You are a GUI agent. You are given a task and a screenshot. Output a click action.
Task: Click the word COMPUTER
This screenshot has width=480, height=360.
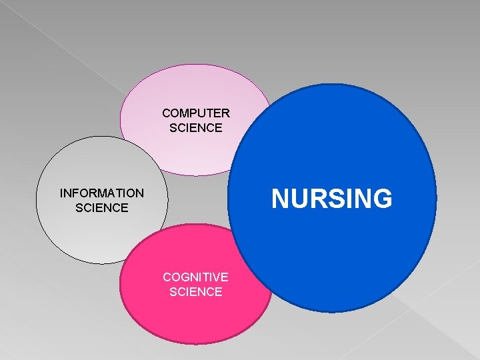click(196, 113)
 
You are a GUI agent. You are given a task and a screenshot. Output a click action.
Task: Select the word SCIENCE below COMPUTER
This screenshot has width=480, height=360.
click(196, 128)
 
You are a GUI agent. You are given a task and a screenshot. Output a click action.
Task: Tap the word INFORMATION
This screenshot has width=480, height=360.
click(101, 193)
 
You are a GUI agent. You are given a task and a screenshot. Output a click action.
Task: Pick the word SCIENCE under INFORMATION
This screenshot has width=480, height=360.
click(101, 208)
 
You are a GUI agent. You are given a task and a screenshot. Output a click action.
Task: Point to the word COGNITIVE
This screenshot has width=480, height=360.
click(196, 277)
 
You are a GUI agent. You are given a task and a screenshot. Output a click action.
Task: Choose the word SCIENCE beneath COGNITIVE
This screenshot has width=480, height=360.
click(196, 291)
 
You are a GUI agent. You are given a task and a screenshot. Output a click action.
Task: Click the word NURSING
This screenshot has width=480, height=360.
click(331, 199)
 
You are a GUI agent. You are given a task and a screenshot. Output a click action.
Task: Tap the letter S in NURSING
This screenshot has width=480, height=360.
click(336, 199)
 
